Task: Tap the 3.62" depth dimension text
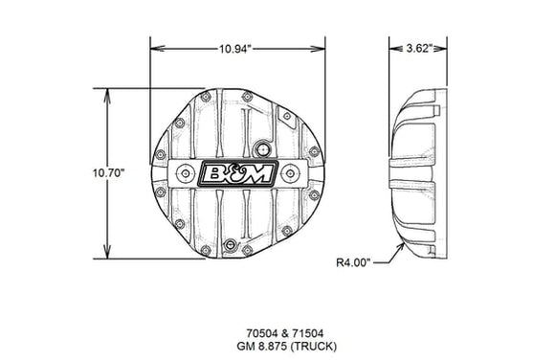click(420, 47)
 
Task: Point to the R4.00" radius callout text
click(355, 260)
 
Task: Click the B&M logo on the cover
click(236, 174)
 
